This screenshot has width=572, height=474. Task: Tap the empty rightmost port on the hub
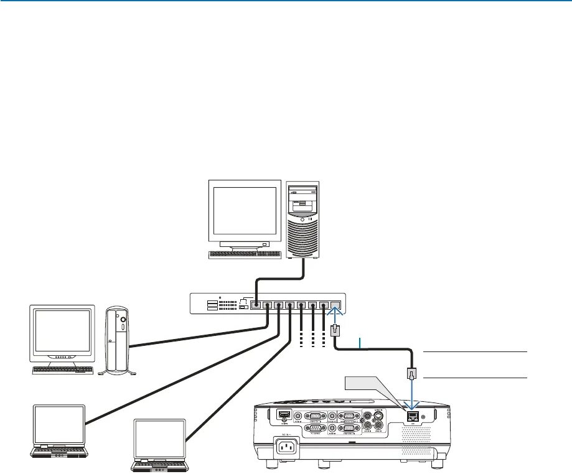(335, 305)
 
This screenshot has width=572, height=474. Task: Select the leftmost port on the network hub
(255, 305)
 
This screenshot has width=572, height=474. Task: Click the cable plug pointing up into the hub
(334, 330)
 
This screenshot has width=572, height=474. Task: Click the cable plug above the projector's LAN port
(411, 374)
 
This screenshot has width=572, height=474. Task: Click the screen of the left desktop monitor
(62, 332)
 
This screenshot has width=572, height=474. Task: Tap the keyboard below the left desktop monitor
(62, 370)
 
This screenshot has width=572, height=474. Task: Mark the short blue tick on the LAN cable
(360, 343)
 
